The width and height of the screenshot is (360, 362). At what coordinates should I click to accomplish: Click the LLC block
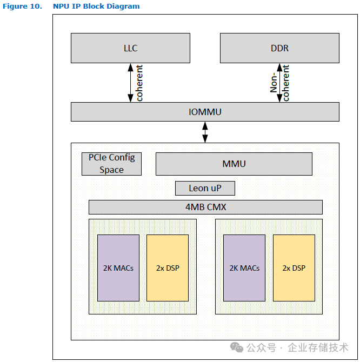130,48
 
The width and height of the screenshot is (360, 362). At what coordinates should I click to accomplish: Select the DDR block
279,48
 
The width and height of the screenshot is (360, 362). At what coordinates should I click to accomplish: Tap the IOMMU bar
205,112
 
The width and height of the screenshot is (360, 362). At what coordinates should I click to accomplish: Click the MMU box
234,164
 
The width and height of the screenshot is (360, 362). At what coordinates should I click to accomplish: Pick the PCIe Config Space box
111,164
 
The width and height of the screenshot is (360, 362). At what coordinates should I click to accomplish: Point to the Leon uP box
205,188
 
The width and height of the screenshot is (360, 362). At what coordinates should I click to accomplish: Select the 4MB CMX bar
205,207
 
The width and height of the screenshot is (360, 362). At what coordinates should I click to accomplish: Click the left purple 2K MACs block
118,267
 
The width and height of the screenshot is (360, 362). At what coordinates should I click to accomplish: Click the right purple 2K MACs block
244,267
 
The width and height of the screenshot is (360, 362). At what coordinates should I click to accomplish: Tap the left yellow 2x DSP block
168,267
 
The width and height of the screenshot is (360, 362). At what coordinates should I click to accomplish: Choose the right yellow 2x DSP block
294,267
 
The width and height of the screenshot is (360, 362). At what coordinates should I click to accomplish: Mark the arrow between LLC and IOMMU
130,83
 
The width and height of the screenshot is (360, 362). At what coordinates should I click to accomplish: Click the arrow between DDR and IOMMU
279,83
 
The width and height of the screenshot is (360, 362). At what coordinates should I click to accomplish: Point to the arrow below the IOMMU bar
205,132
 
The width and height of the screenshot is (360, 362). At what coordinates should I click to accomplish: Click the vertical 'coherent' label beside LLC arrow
139,83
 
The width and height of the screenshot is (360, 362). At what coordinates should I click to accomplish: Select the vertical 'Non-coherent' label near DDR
280,83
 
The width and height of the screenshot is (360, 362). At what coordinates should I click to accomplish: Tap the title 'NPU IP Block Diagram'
96,6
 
